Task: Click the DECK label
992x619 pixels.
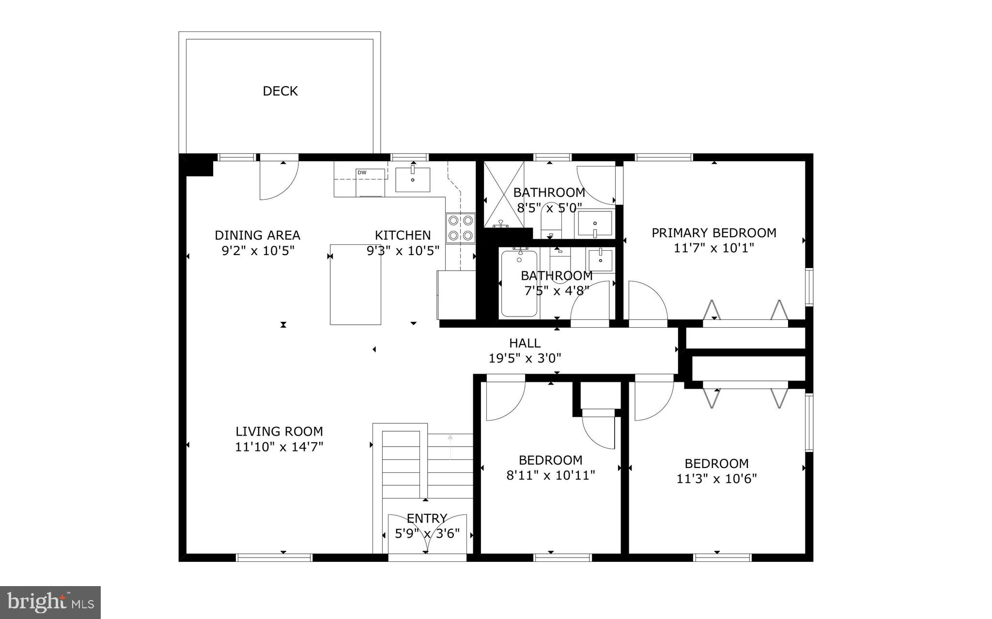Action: (x=280, y=91)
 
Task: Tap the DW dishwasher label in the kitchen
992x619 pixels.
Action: (x=362, y=173)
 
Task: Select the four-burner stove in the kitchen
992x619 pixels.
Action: (x=460, y=227)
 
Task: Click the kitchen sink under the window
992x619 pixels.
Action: (x=413, y=180)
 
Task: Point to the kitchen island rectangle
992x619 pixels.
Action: (x=356, y=285)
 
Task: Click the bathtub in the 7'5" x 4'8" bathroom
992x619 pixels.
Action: (x=519, y=283)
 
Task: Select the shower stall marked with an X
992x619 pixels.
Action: (x=504, y=194)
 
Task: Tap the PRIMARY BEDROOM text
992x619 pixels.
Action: (x=713, y=233)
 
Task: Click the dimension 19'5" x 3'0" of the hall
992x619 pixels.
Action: (x=525, y=359)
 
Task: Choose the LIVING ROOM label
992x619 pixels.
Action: (x=279, y=431)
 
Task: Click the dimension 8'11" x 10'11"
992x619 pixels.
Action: (x=550, y=475)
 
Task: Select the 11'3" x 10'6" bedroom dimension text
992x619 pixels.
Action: (x=716, y=479)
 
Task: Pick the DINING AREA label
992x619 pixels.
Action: (x=257, y=235)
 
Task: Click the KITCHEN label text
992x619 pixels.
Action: (x=403, y=235)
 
